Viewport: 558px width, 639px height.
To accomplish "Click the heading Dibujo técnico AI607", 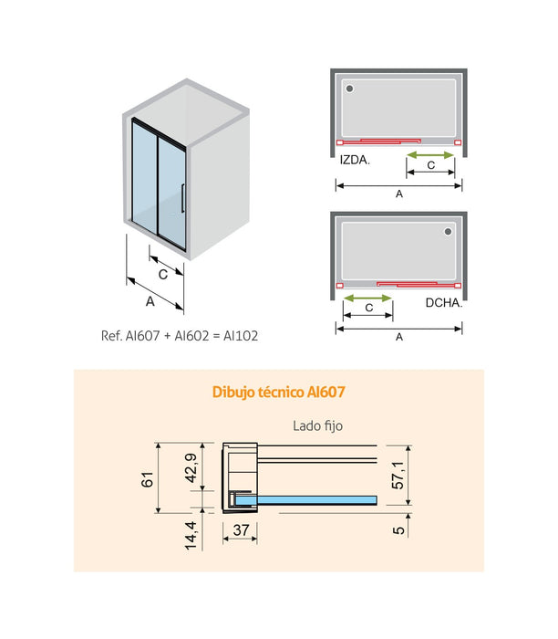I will click(278, 392).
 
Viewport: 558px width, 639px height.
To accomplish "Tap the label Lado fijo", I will click(317, 425).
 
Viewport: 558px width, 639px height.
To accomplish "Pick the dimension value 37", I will click(239, 529).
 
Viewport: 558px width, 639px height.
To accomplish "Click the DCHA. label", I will click(444, 302).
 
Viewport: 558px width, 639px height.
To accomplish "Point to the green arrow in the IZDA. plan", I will click(429, 154).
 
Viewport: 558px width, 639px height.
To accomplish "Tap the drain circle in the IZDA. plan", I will click(350, 88).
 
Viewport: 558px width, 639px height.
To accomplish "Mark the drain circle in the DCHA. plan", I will click(448, 233).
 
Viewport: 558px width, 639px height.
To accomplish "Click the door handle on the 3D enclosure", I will click(183, 199).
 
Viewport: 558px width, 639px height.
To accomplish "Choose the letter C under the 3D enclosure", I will click(162, 273).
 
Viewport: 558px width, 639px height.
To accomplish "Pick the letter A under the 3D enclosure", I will click(149, 300).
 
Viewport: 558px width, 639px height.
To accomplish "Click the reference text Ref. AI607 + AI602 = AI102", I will click(180, 335).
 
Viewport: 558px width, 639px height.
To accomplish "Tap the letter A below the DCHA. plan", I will click(399, 337).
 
